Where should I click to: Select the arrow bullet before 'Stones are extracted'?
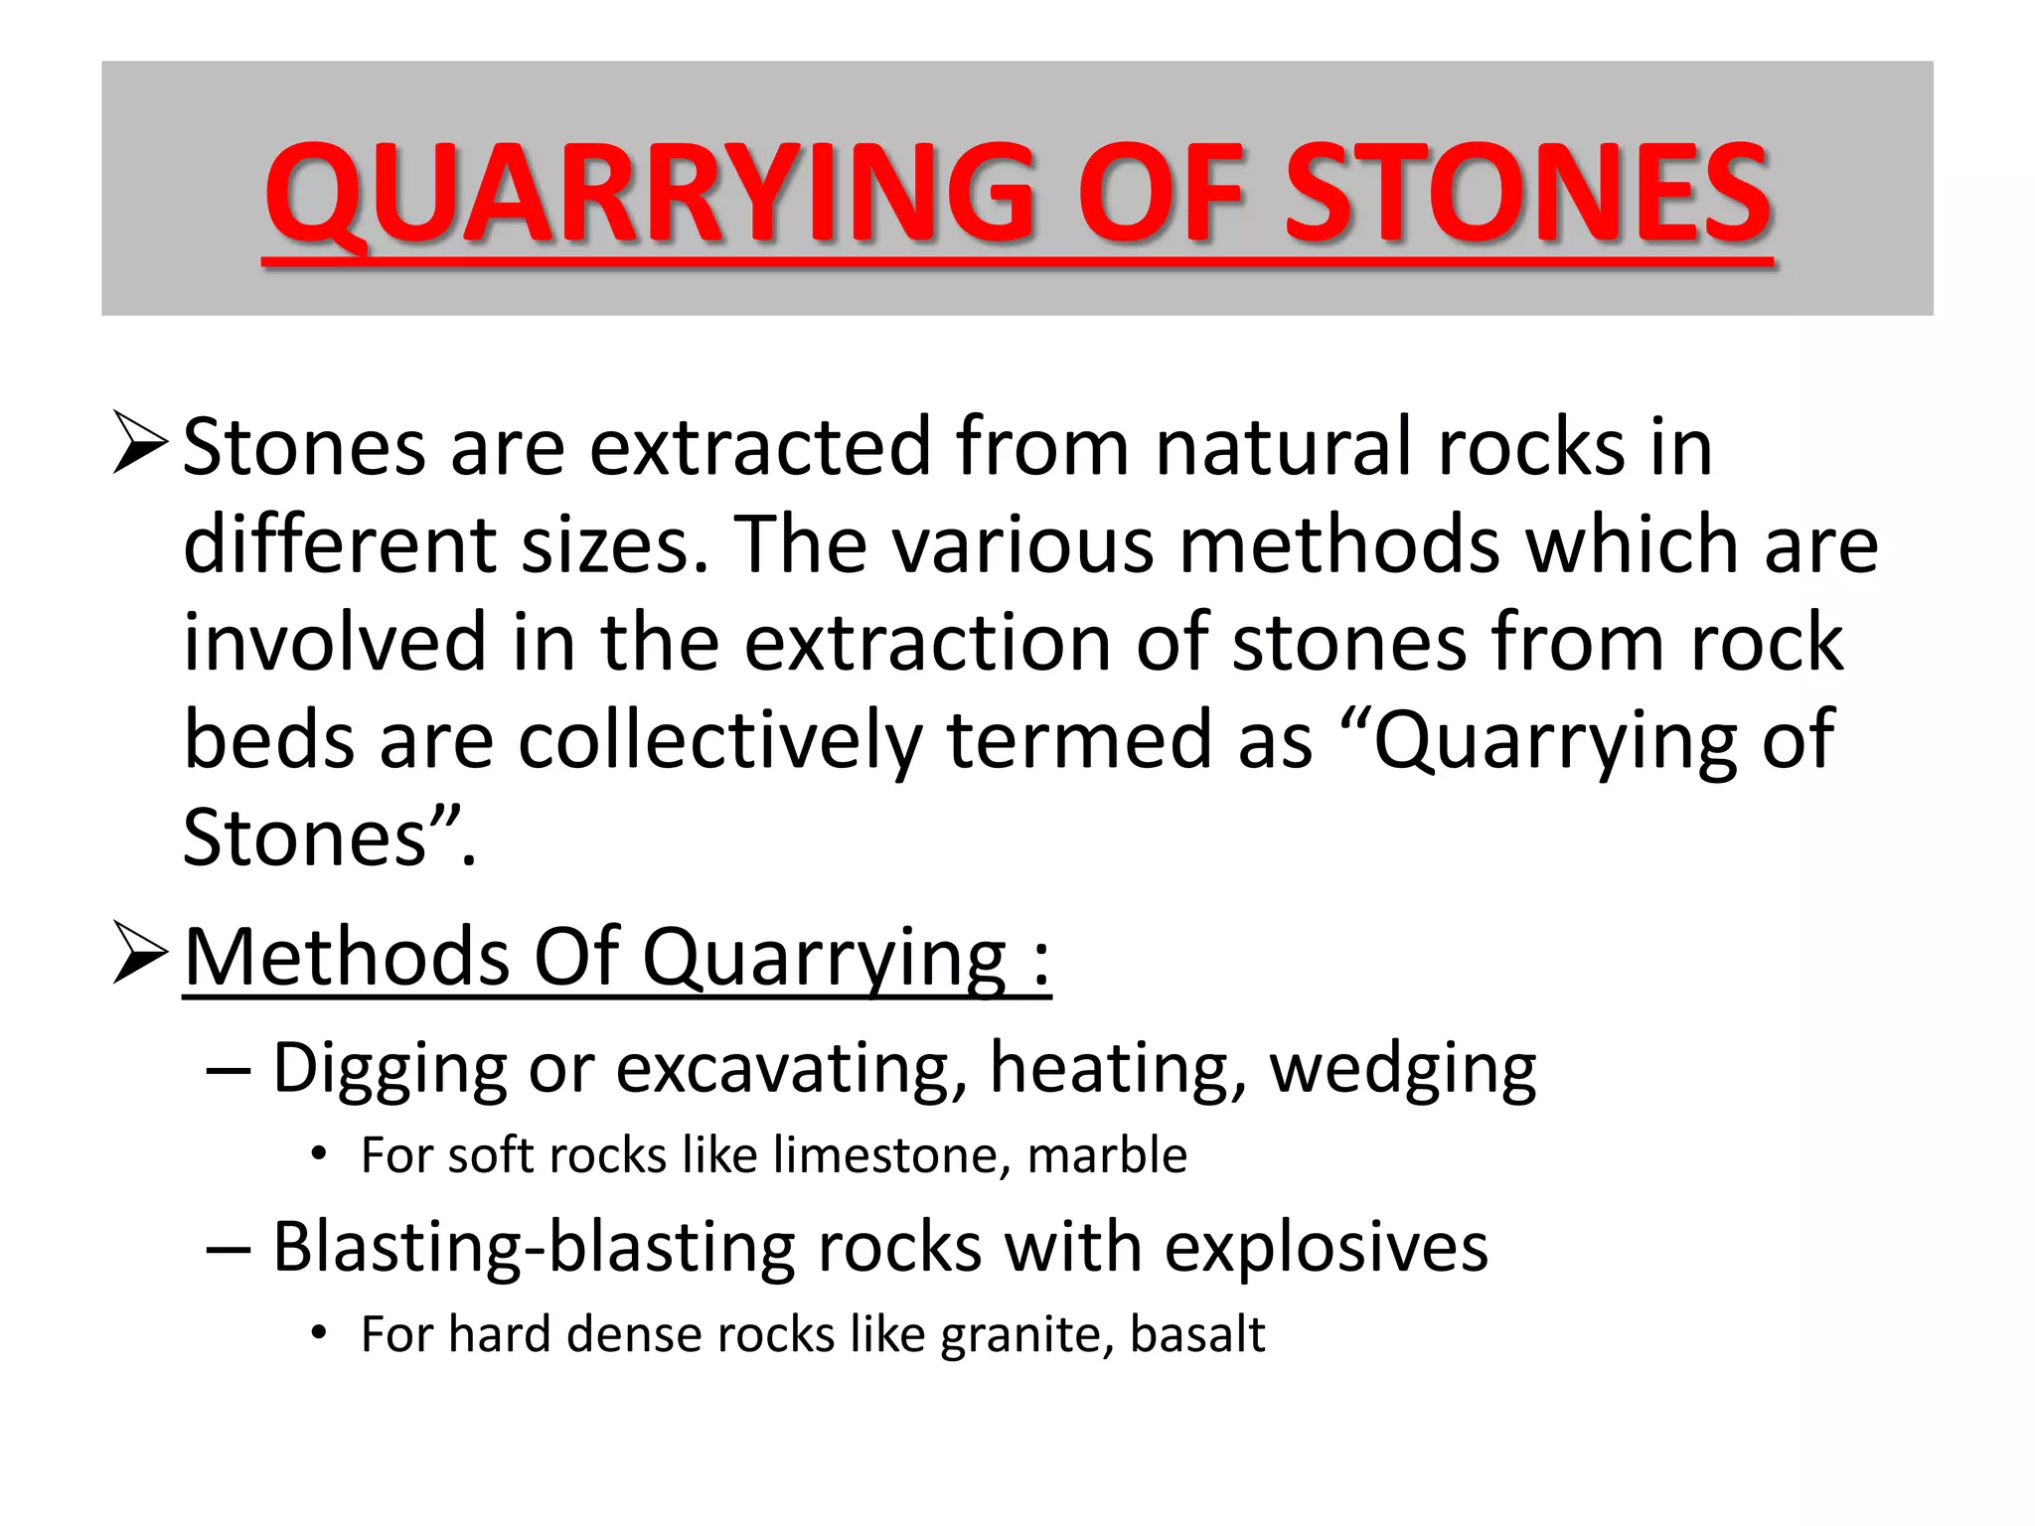pyautogui.click(x=139, y=443)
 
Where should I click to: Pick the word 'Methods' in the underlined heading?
pyautogui.click(x=346, y=956)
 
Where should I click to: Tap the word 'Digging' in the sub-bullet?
pyautogui.click(x=388, y=1069)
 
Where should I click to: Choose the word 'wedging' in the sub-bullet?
pyautogui.click(x=1402, y=1069)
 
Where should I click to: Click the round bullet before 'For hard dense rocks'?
pyautogui.click(x=318, y=1333)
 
